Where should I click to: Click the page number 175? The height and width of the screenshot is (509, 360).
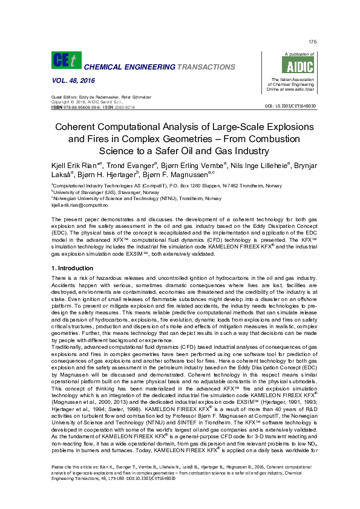point(313,42)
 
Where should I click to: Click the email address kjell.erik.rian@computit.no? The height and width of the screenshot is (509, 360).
point(79,206)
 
